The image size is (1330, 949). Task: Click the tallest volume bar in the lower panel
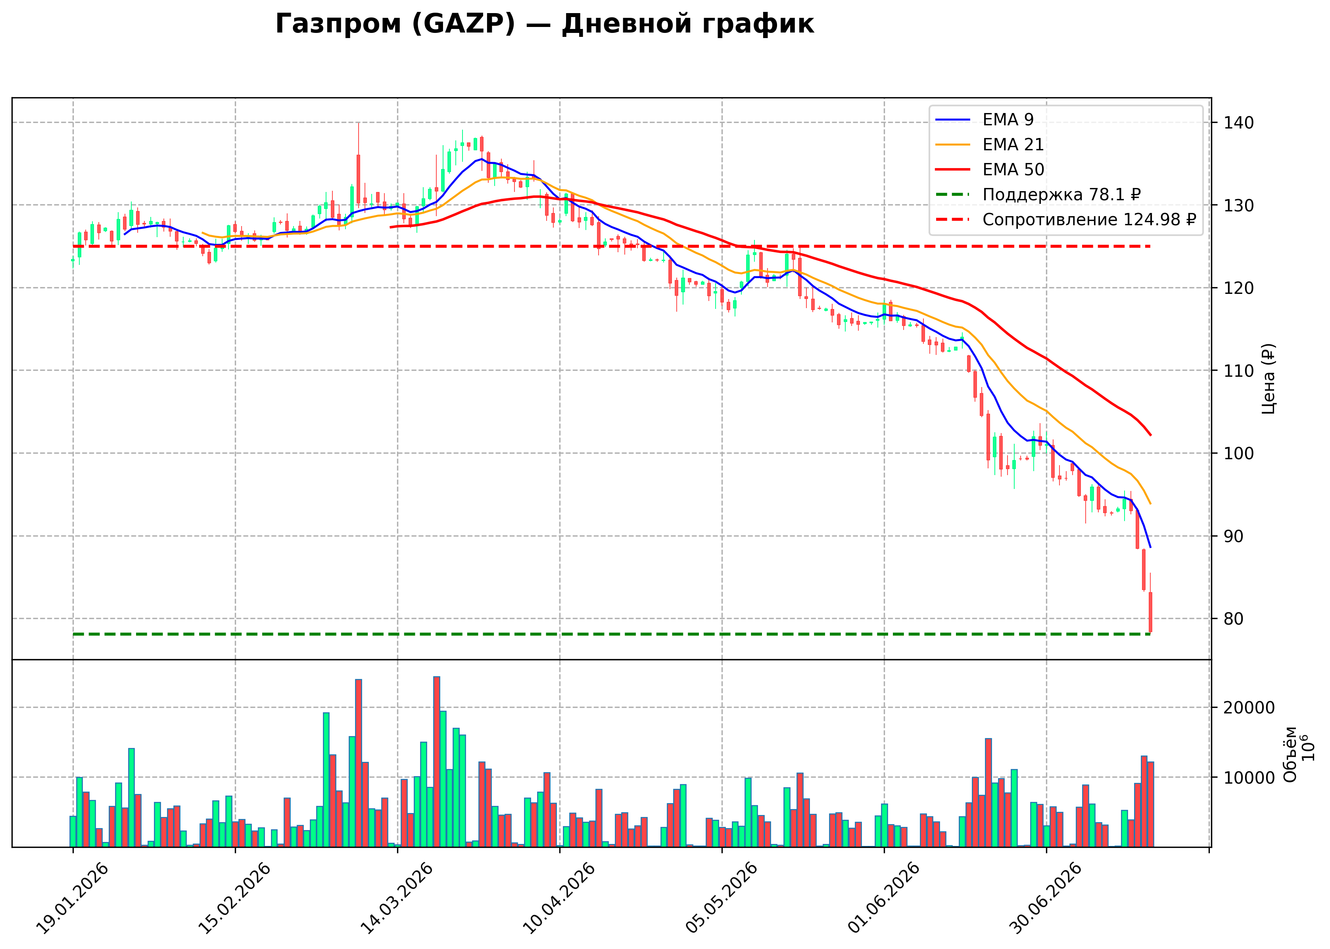(x=436, y=761)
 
